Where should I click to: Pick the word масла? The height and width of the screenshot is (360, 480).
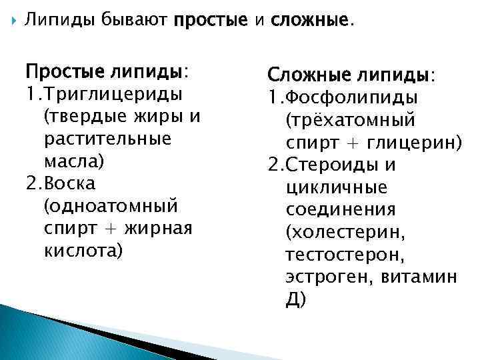(71, 161)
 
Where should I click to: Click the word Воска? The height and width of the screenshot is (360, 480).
(69, 183)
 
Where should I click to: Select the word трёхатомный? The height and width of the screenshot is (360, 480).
(351, 121)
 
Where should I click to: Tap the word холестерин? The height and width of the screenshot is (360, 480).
(343, 233)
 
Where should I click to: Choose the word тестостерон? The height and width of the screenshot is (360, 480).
(343, 255)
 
